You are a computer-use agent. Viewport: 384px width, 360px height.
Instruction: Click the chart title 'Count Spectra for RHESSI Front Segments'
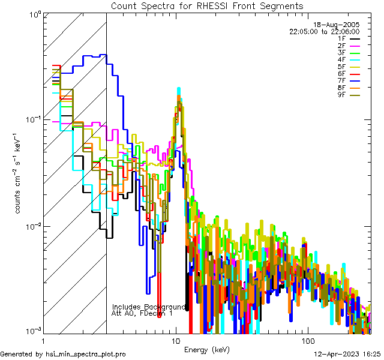[207, 5]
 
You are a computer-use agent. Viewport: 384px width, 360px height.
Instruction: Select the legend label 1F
[341, 38]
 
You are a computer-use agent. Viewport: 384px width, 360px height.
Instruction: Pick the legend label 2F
[341, 46]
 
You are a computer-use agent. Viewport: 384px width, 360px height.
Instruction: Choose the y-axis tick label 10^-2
[31, 226]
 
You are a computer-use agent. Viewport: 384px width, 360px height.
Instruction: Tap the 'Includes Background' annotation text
[149, 307]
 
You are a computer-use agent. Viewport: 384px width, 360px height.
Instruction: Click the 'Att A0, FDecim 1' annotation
[142, 313]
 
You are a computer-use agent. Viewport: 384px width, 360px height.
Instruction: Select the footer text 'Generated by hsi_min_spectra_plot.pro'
[63, 354]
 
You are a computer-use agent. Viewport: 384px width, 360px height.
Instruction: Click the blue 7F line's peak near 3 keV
[104, 55]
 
